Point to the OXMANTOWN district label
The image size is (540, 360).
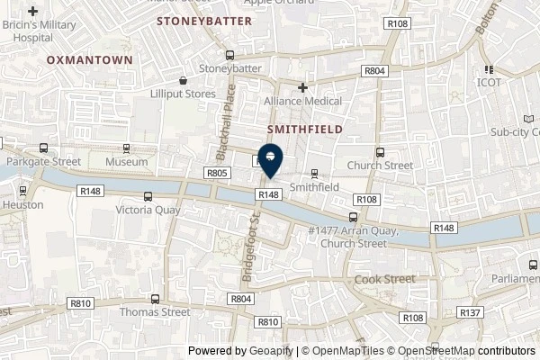pyautogui.click(x=89, y=59)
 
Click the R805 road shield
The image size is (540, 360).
pyautogui.click(x=216, y=172)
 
